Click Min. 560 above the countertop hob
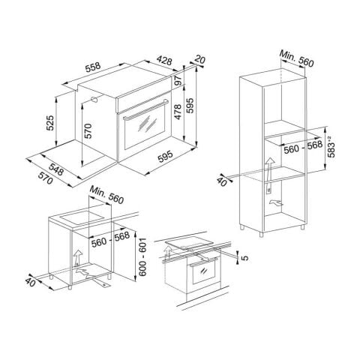point(104,197)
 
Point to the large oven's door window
point(145,136)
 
